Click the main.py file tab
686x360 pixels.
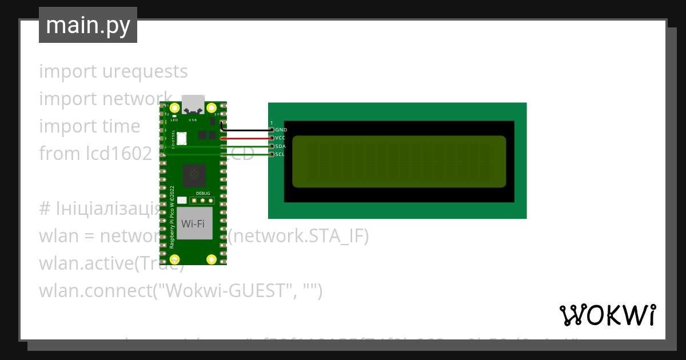coord(88,25)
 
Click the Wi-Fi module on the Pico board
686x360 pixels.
coord(193,223)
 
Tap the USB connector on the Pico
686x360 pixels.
coord(193,104)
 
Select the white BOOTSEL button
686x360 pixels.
coord(182,138)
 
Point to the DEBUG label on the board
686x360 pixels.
coord(203,194)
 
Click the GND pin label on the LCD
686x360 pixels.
coord(281,130)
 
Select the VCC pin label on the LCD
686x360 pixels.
coord(281,138)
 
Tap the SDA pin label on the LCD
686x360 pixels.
coord(281,146)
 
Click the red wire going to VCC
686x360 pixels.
coord(246,138)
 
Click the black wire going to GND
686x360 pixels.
coord(246,130)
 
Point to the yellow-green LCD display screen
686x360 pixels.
coord(399,162)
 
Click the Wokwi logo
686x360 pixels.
coord(608,315)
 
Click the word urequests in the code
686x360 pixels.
coord(145,71)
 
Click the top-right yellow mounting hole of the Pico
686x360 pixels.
coord(212,107)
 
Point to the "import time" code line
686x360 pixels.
coord(89,126)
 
